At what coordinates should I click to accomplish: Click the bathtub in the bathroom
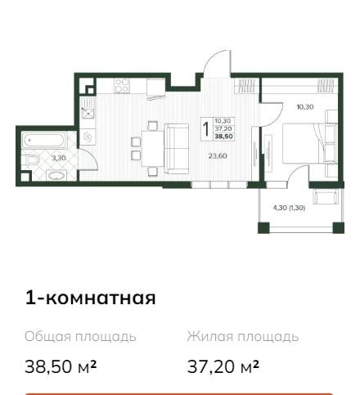(44, 141)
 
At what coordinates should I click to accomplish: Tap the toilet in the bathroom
(31, 160)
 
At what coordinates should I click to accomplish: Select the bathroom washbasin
(56, 175)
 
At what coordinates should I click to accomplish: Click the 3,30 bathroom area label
(59, 158)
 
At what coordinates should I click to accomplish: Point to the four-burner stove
(122, 85)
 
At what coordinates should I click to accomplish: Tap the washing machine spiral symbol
(88, 137)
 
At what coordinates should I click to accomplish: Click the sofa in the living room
(177, 149)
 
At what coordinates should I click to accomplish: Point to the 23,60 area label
(218, 156)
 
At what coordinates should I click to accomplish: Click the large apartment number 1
(206, 129)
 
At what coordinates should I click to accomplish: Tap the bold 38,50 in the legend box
(224, 137)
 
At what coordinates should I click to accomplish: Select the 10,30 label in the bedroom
(305, 107)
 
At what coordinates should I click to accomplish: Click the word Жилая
(210, 337)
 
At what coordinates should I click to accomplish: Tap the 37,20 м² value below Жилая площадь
(223, 366)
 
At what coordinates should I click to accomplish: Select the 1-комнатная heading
(90, 298)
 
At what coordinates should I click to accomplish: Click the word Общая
(47, 337)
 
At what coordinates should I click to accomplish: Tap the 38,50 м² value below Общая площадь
(61, 366)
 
